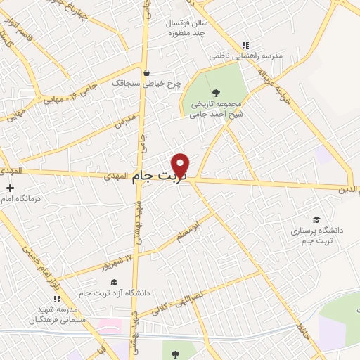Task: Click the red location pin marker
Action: pos(181,165)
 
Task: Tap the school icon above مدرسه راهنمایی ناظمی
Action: pos(244,44)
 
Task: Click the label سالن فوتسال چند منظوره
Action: pos(185,27)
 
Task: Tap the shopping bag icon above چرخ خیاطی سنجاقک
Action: pos(146,72)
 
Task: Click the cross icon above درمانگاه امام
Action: pos(10,188)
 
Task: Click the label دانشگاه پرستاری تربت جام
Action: pos(316,235)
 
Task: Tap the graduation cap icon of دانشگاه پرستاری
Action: pos(316,219)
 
